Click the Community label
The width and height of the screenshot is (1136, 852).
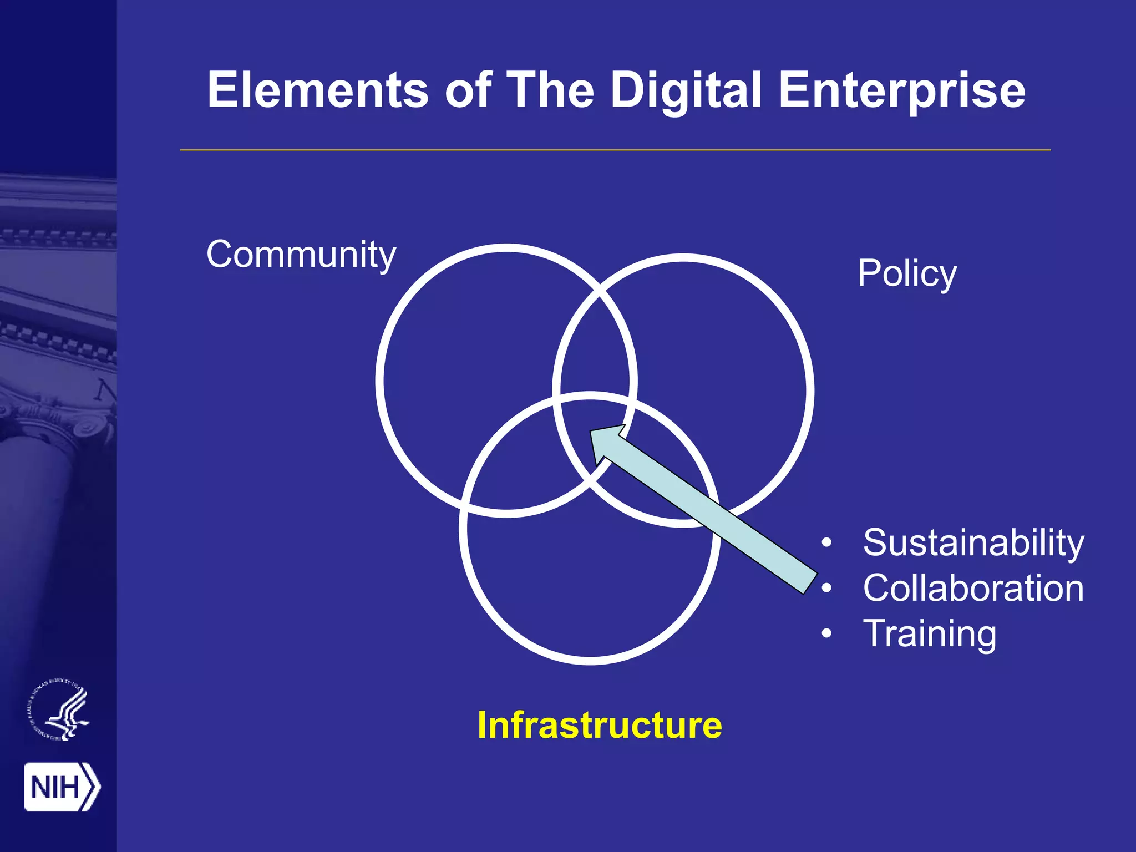tap(301, 255)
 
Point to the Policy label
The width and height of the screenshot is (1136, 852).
tap(907, 274)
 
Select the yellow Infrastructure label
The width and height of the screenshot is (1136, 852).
tap(600, 725)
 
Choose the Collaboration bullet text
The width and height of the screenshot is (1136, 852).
tap(973, 588)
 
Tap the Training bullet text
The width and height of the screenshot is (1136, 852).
tap(930, 634)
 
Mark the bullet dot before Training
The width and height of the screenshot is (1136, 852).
tap(826, 633)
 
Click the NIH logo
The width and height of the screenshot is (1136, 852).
tap(62, 787)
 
